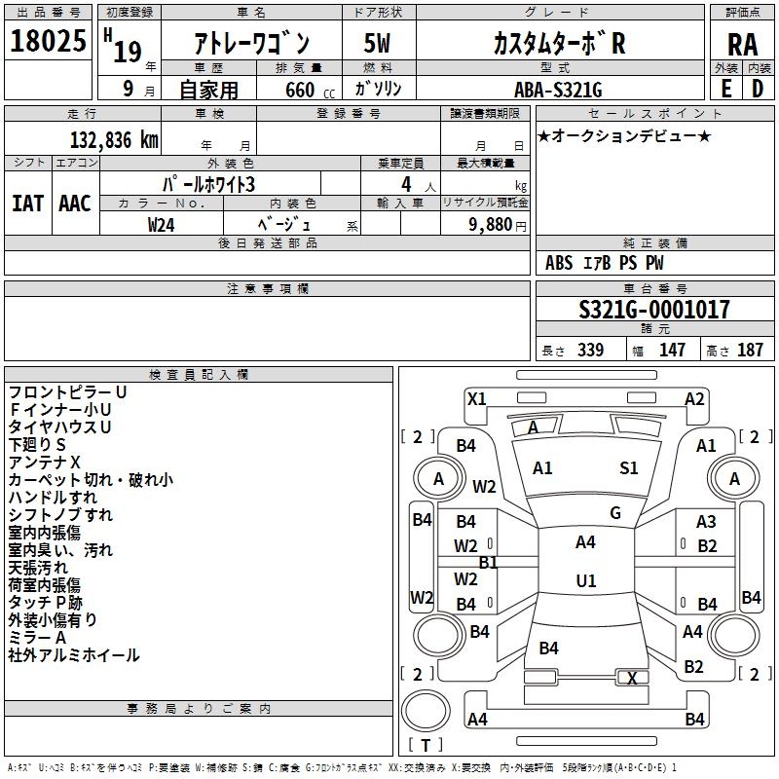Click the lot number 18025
click(x=48, y=41)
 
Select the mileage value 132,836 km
click(x=114, y=139)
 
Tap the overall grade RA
click(x=742, y=45)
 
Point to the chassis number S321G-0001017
click(x=654, y=309)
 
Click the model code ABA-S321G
click(x=558, y=90)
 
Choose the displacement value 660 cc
click(x=310, y=90)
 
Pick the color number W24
click(x=161, y=225)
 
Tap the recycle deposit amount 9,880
click(x=491, y=224)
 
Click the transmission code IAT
click(x=27, y=204)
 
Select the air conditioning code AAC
click(x=75, y=204)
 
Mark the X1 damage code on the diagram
click(x=477, y=399)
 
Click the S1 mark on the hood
click(x=628, y=468)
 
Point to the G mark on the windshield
click(x=615, y=513)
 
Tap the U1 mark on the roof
click(x=586, y=580)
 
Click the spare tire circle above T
click(x=426, y=710)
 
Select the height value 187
click(x=750, y=350)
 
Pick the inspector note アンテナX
click(x=44, y=463)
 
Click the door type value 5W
click(x=377, y=43)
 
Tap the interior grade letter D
click(x=758, y=89)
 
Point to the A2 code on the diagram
click(x=694, y=399)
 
